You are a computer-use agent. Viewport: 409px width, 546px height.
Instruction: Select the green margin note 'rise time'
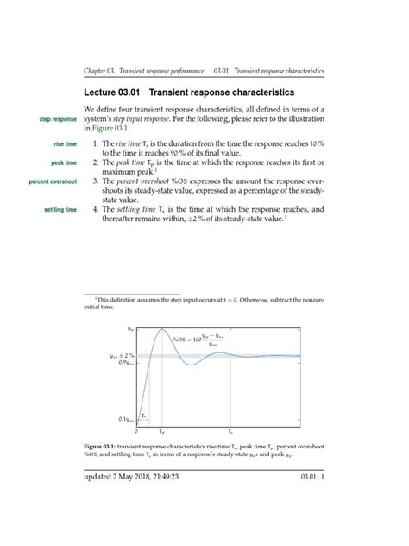65,143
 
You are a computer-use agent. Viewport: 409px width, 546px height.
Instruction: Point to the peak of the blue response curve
161,330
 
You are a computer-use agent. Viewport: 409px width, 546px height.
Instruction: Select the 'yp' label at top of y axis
129,329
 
